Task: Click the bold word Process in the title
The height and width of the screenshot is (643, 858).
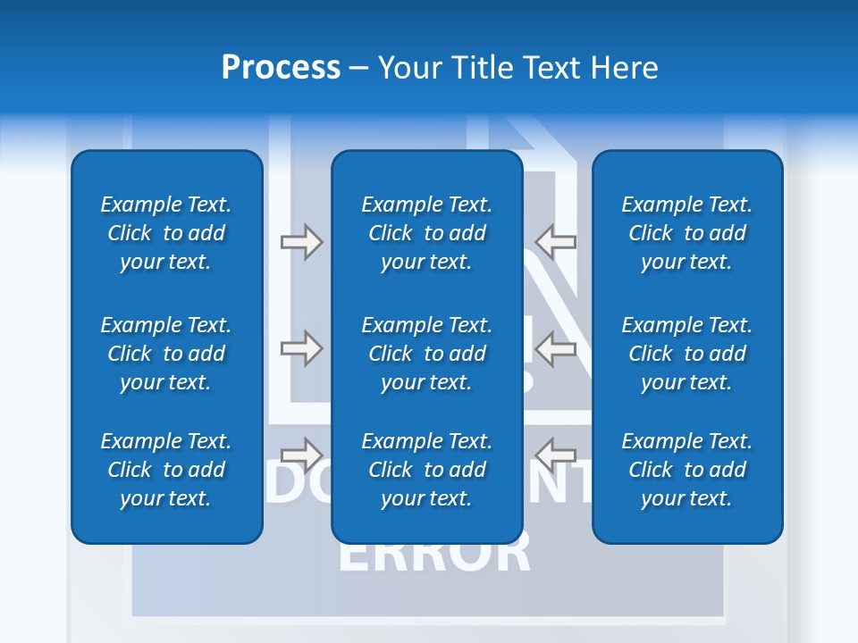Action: coord(281,68)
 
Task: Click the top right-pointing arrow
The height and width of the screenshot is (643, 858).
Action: coord(301,242)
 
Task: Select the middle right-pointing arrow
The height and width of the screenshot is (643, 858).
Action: coord(301,347)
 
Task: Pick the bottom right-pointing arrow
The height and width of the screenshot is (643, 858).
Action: coord(301,453)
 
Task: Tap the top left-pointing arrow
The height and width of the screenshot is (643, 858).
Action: coord(556,242)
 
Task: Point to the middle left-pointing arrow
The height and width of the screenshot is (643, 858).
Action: coord(556,347)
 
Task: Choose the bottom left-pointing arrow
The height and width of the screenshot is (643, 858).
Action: coord(556,453)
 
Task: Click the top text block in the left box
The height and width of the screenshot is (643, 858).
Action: coord(166,233)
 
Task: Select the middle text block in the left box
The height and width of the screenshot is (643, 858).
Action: coord(166,354)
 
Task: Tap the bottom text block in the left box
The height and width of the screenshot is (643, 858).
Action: coord(166,470)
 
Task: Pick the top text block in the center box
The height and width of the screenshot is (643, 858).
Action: coord(427,233)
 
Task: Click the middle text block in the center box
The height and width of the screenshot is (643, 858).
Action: coord(427,354)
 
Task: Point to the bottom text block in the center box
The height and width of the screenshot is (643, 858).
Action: coord(427,470)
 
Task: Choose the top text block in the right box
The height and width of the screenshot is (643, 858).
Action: coord(687,233)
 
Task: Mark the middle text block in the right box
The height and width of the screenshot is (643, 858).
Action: coord(687,354)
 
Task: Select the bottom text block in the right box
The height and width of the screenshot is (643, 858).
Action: coord(687,470)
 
